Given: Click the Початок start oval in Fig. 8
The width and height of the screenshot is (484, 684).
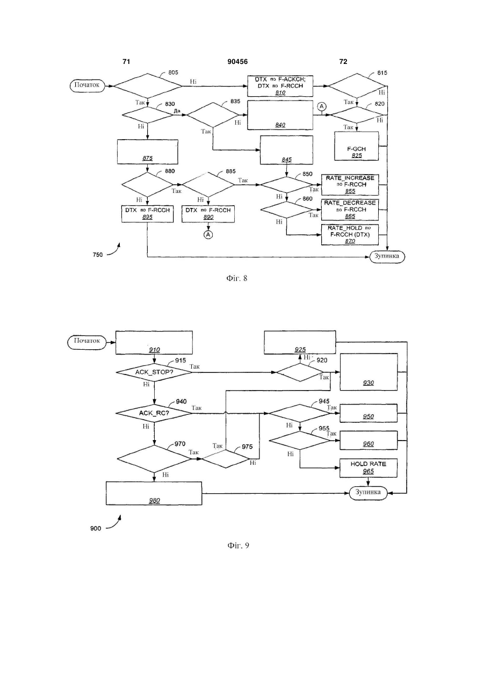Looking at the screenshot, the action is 88,85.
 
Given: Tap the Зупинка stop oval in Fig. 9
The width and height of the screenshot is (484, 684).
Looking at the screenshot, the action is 369,492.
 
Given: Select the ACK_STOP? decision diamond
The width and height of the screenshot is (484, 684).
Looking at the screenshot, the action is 154,372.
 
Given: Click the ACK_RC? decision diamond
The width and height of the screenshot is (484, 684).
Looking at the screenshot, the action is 154,413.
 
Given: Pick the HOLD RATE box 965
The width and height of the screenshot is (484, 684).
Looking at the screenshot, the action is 369,467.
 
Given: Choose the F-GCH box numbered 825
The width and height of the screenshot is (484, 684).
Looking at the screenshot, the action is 356,146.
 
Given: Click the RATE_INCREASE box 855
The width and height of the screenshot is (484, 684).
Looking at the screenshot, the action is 350,185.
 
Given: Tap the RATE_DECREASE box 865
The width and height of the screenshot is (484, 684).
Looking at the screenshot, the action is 350,210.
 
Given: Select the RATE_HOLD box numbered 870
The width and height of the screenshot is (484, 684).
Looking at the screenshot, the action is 350,234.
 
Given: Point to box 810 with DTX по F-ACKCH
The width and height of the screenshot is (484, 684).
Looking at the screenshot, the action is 280,86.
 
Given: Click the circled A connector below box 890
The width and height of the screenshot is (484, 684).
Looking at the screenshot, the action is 208,234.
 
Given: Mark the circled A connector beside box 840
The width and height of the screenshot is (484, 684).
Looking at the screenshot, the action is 322,106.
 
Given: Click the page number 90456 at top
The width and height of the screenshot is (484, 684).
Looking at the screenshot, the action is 237,62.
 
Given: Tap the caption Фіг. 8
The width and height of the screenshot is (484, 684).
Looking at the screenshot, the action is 237,278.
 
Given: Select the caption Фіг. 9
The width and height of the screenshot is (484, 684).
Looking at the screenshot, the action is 238,545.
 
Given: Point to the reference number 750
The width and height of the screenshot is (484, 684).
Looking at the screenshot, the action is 98,254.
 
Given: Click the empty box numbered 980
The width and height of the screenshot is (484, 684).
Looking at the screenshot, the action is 154,493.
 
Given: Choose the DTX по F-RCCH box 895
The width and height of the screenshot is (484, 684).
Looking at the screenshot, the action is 148,214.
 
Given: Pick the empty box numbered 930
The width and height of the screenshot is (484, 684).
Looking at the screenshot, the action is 369,372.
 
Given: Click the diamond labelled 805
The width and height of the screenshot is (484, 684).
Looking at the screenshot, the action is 148,86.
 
